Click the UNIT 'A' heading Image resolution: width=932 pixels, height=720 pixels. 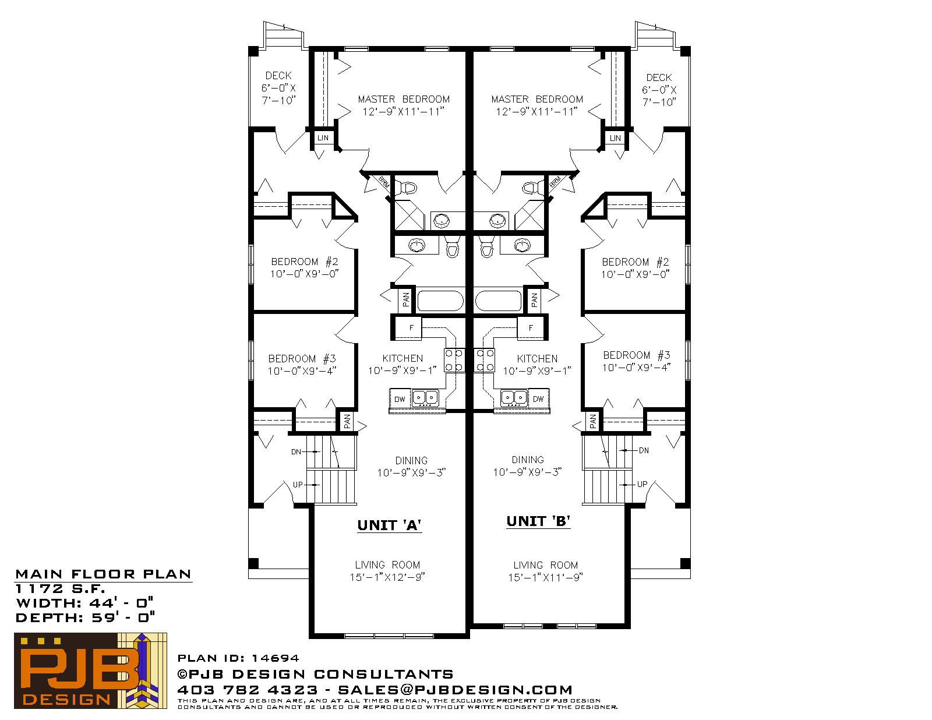point(390,525)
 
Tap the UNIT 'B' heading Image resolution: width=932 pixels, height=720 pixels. point(538,521)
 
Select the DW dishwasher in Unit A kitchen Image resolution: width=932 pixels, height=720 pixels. point(400,399)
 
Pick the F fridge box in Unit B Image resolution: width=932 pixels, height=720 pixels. point(531,328)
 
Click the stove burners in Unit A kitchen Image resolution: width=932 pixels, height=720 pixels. point(454,360)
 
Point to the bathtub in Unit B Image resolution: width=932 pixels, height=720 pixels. point(498,301)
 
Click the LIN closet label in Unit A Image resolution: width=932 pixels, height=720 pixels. point(323,138)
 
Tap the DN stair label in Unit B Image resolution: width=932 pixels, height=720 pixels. point(644,450)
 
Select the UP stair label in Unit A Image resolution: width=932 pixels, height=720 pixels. point(298,485)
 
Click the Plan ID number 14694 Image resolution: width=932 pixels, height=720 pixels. point(276,658)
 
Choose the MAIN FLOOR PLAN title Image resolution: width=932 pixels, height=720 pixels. point(103,574)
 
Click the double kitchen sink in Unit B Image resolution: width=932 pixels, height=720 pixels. point(514,398)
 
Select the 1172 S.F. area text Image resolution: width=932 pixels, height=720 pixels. point(61,589)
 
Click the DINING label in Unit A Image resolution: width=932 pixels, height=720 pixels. point(411,461)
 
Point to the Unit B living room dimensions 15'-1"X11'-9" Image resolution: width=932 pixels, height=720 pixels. point(546,578)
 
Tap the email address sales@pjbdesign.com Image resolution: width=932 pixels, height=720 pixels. point(455,690)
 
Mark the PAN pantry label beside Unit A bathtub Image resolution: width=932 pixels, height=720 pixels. point(406,300)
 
